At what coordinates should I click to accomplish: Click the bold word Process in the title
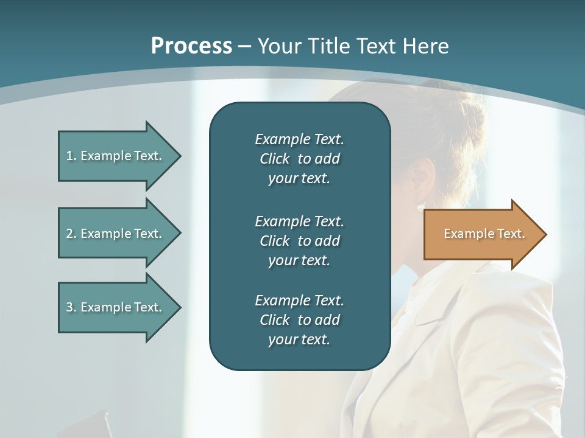(x=191, y=46)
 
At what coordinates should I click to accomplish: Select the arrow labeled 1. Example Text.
(x=116, y=156)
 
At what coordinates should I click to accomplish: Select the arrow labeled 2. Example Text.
(x=116, y=234)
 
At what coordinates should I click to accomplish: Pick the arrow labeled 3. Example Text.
(x=116, y=307)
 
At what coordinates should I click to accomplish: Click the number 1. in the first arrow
(x=71, y=156)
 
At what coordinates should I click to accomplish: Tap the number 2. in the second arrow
(x=71, y=234)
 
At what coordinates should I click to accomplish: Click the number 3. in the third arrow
(x=71, y=307)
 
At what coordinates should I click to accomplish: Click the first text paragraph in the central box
(x=299, y=159)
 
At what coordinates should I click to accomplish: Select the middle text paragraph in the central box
(x=299, y=240)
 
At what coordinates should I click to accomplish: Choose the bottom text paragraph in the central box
(x=299, y=320)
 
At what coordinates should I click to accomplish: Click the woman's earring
(x=420, y=207)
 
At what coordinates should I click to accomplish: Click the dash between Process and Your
(x=244, y=46)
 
